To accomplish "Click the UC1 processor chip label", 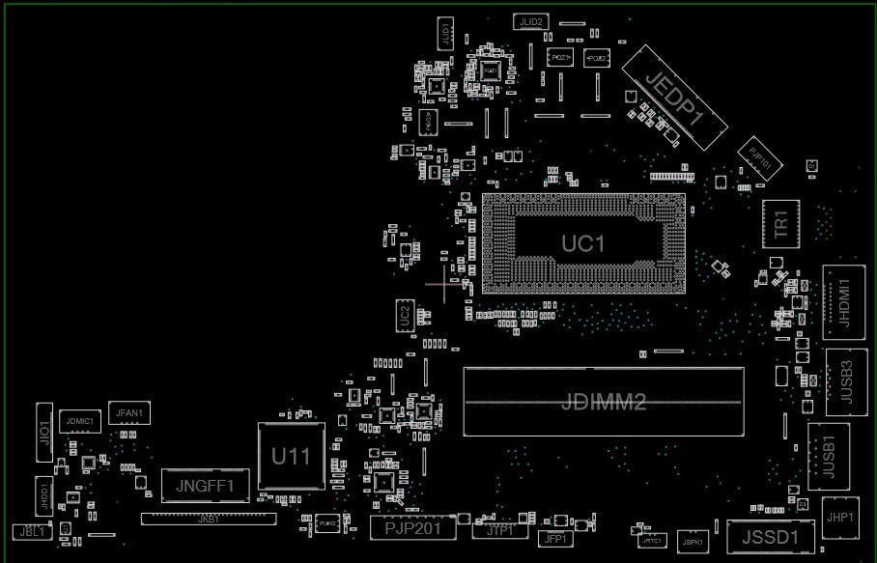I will click(583, 243).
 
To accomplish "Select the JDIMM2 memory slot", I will click(603, 402).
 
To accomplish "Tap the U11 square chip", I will click(290, 456).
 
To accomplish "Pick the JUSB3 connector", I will click(846, 380).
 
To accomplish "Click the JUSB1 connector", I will click(829, 457).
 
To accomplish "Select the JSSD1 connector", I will click(763, 537).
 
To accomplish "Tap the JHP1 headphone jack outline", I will click(839, 518).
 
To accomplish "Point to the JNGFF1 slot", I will click(206, 482).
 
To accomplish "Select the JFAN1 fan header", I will click(129, 413).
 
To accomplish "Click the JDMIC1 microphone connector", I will click(79, 421).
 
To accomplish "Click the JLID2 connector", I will click(531, 21).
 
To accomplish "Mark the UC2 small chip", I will click(405, 315).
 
